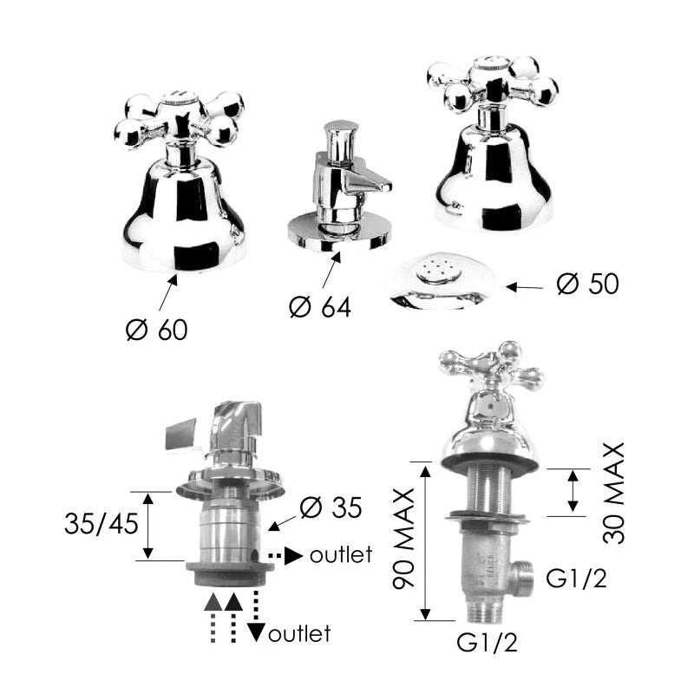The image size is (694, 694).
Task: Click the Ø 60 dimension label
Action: (x=157, y=330)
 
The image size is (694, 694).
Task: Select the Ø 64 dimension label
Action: (x=320, y=307)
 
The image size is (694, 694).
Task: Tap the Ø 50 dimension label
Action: (x=588, y=284)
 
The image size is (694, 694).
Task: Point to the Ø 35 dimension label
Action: (x=331, y=507)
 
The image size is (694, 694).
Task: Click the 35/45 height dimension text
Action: (x=101, y=524)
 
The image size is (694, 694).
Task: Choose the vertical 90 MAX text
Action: (x=403, y=539)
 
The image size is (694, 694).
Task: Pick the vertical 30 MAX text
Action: (x=614, y=493)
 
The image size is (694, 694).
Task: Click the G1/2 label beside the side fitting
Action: (x=576, y=578)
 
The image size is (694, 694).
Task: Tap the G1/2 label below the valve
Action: (x=487, y=642)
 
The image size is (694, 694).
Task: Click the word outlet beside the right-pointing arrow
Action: (x=341, y=555)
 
